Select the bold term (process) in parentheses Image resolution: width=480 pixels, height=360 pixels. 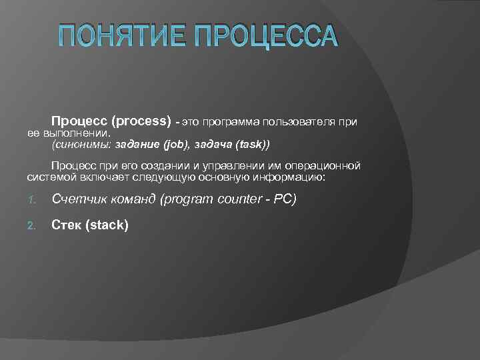tap(142, 121)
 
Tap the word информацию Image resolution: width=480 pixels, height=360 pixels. tap(292, 176)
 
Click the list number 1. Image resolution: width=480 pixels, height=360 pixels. tap(31, 199)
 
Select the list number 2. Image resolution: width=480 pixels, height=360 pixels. tap(31, 225)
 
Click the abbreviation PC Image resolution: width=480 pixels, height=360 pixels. tap(283, 199)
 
